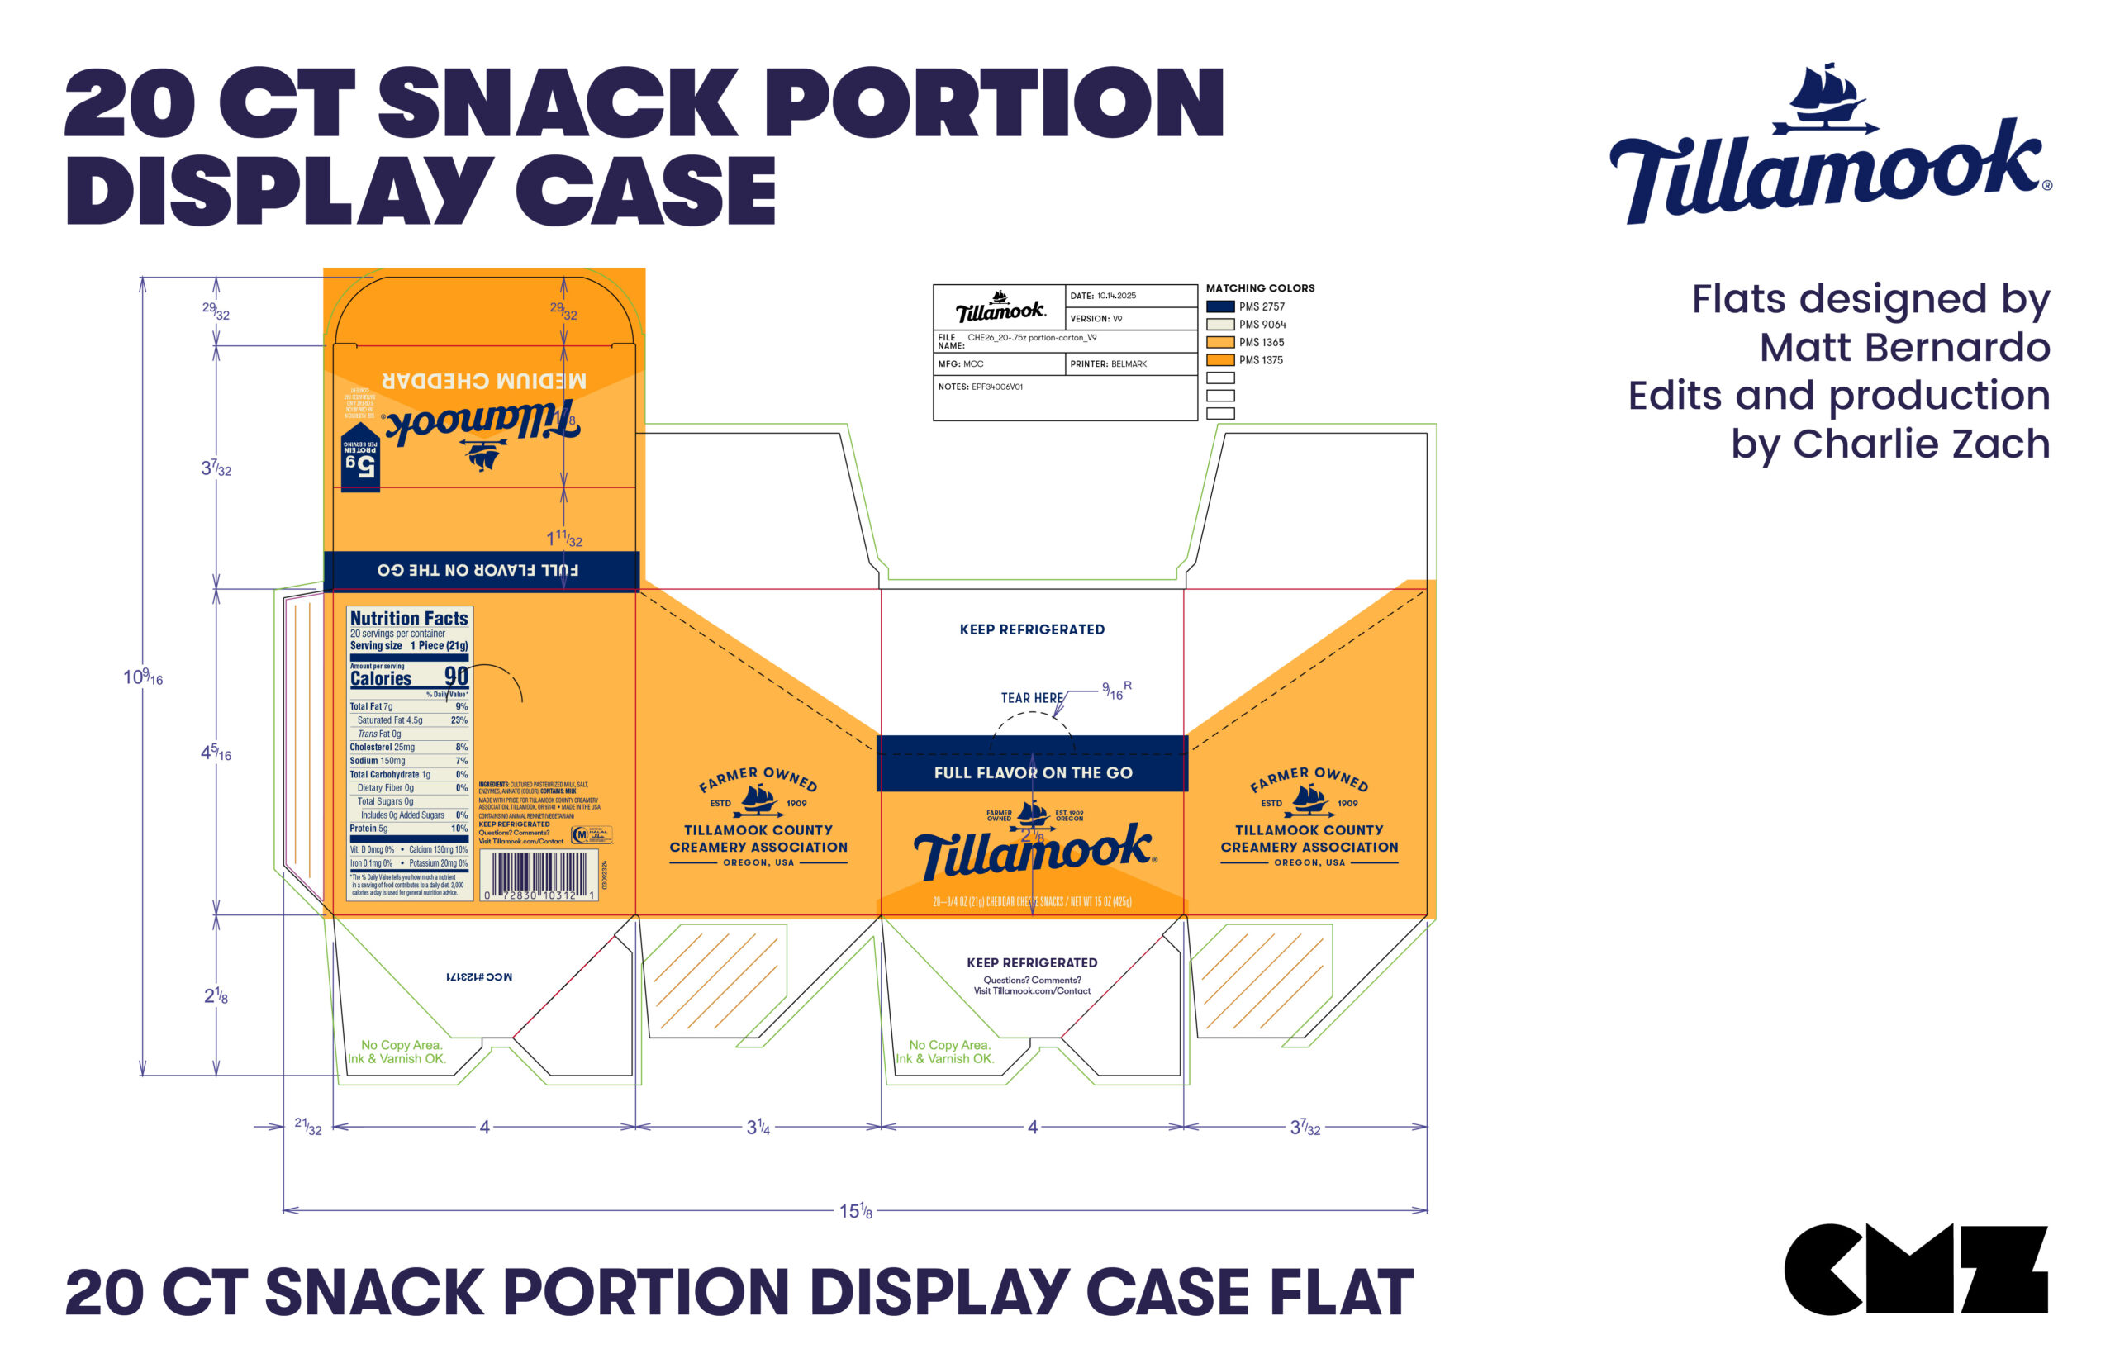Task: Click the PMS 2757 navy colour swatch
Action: point(1219,306)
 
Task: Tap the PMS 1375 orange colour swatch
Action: point(1219,360)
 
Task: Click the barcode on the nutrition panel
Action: point(539,874)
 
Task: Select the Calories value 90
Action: point(456,676)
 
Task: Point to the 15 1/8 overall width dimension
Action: point(855,1211)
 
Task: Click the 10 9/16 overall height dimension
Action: point(143,677)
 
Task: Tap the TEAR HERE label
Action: point(1031,698)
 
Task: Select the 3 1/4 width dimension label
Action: point(758,1128)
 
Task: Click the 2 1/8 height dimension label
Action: point(216,995)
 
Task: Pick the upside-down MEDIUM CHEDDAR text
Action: point(484,381)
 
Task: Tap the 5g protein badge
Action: point(361,458)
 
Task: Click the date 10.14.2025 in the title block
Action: point(1115,296)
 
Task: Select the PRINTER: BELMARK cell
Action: point(1109,364)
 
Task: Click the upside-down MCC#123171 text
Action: point(479,977)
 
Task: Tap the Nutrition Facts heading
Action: point(409,618)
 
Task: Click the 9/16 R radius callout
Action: point(1115,691)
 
